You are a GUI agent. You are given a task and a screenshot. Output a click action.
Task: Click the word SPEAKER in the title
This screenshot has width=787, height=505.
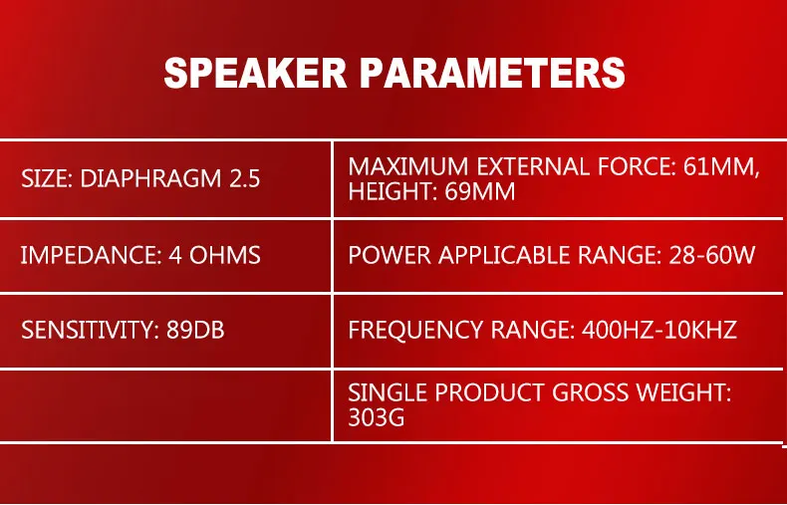[x=255, y=74]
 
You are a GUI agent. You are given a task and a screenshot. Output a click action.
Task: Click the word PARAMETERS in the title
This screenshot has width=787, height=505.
[x=493, y=74]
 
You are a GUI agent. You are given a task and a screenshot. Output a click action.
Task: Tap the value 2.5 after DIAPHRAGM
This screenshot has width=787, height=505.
[x=245, y=178]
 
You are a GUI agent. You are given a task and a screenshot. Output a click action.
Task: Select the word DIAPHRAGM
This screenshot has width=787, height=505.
[x=150, y=178]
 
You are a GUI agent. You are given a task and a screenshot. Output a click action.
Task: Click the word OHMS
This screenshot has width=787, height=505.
[x=225, y=256]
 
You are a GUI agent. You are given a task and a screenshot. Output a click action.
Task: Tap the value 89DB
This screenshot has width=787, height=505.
[x=195, y=330]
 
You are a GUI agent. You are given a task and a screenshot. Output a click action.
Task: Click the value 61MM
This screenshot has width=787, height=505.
[x=722, y=167]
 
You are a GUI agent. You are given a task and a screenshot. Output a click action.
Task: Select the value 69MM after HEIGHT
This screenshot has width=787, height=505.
[x=480, y=192]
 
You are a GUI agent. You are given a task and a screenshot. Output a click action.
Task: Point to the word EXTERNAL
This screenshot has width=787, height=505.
[x=533, y=166]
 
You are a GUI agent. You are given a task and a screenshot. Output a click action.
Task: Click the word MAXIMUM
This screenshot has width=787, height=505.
[x=408, y=166]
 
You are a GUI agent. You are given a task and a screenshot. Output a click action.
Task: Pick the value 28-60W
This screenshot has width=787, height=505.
[x=711, y=256]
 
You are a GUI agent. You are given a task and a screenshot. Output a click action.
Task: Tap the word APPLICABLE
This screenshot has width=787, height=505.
[x=503, y=256]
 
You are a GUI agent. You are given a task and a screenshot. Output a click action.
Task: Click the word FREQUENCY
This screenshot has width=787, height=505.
[x=415, y=330]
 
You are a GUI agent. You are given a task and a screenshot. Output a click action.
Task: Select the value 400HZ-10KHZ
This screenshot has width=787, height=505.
[x=659, y=330]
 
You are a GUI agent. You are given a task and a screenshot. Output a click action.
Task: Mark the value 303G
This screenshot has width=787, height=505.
[x=376, y=417]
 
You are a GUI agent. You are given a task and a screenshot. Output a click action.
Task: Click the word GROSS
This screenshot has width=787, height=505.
[x=590, y=392]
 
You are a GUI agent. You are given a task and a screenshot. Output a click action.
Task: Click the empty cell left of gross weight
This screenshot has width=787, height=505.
[x=165, y=405]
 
